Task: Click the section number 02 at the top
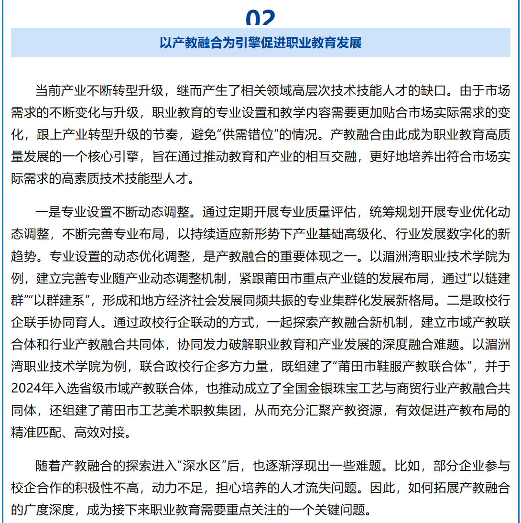tap(260, 18)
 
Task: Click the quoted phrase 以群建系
tap(60, 301)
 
